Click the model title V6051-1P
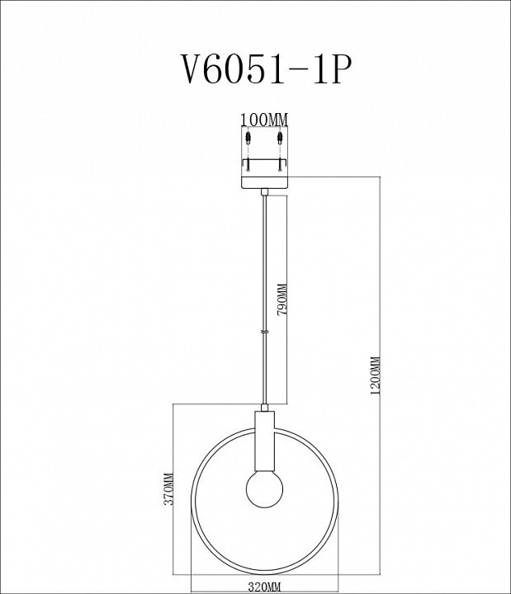click(267, 69)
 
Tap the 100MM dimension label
click(265, 120)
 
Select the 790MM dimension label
click(282, 300)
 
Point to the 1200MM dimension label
click(376, 376)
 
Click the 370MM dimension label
click(168, 488)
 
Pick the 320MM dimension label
click(264, 587)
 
